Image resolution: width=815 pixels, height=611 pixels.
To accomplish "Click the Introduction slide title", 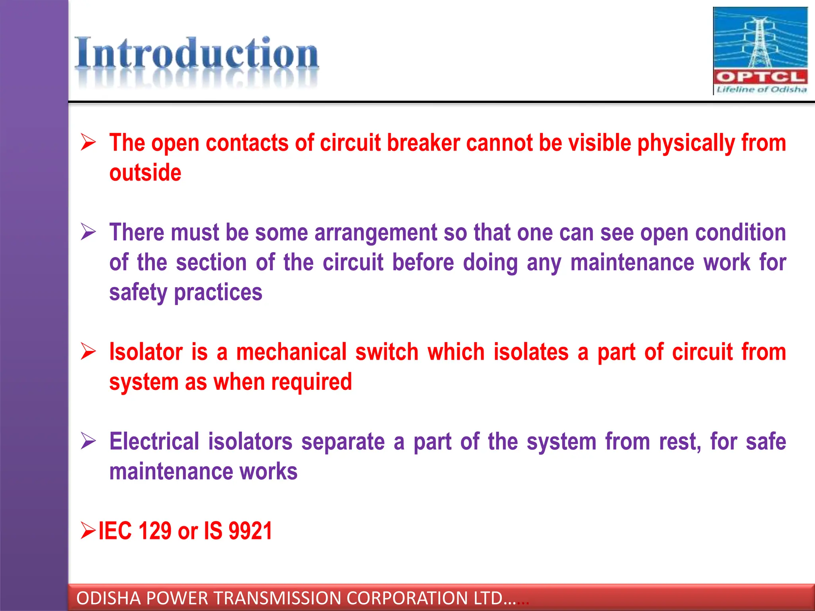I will coord(197,54).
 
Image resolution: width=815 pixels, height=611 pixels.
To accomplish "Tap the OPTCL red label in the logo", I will coord(760,76).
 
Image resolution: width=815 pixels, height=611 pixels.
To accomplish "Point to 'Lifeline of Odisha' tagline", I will coord(761,90).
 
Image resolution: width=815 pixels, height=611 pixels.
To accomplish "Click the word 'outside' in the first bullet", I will coord(145,173).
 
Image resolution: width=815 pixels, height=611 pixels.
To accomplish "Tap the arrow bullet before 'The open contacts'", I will coord(88,142).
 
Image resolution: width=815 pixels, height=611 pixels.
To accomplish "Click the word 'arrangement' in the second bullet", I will coord(376,232).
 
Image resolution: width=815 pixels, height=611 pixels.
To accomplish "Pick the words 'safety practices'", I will coord(186,292).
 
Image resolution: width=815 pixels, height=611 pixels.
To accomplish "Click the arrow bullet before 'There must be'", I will coord(88,232).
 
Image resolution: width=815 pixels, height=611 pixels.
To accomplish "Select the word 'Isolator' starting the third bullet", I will coord(146,352).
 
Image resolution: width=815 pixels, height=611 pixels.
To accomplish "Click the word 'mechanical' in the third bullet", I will coord(291,352).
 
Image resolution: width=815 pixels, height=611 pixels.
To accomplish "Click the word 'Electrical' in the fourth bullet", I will coord(154,442).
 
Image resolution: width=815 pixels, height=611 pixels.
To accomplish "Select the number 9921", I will coord(250,531).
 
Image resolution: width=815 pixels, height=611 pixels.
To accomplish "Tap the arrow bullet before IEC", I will coord(88,530).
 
